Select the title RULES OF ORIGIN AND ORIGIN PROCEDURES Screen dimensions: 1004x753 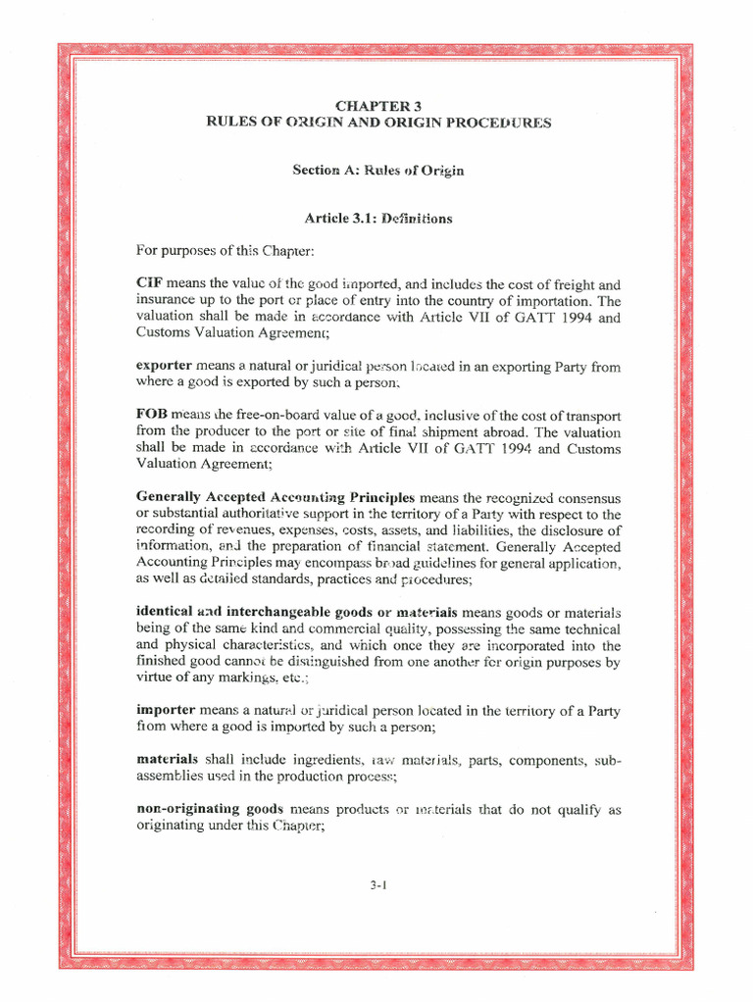[377, 123]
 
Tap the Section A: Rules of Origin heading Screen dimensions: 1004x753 [377, 171]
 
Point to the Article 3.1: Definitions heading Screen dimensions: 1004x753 [377, 219]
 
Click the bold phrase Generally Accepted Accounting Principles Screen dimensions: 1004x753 [276, 498]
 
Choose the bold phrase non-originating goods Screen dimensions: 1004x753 [210, 810]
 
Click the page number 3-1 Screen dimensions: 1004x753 [379, 884]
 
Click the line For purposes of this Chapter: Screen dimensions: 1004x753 [225, 252]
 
